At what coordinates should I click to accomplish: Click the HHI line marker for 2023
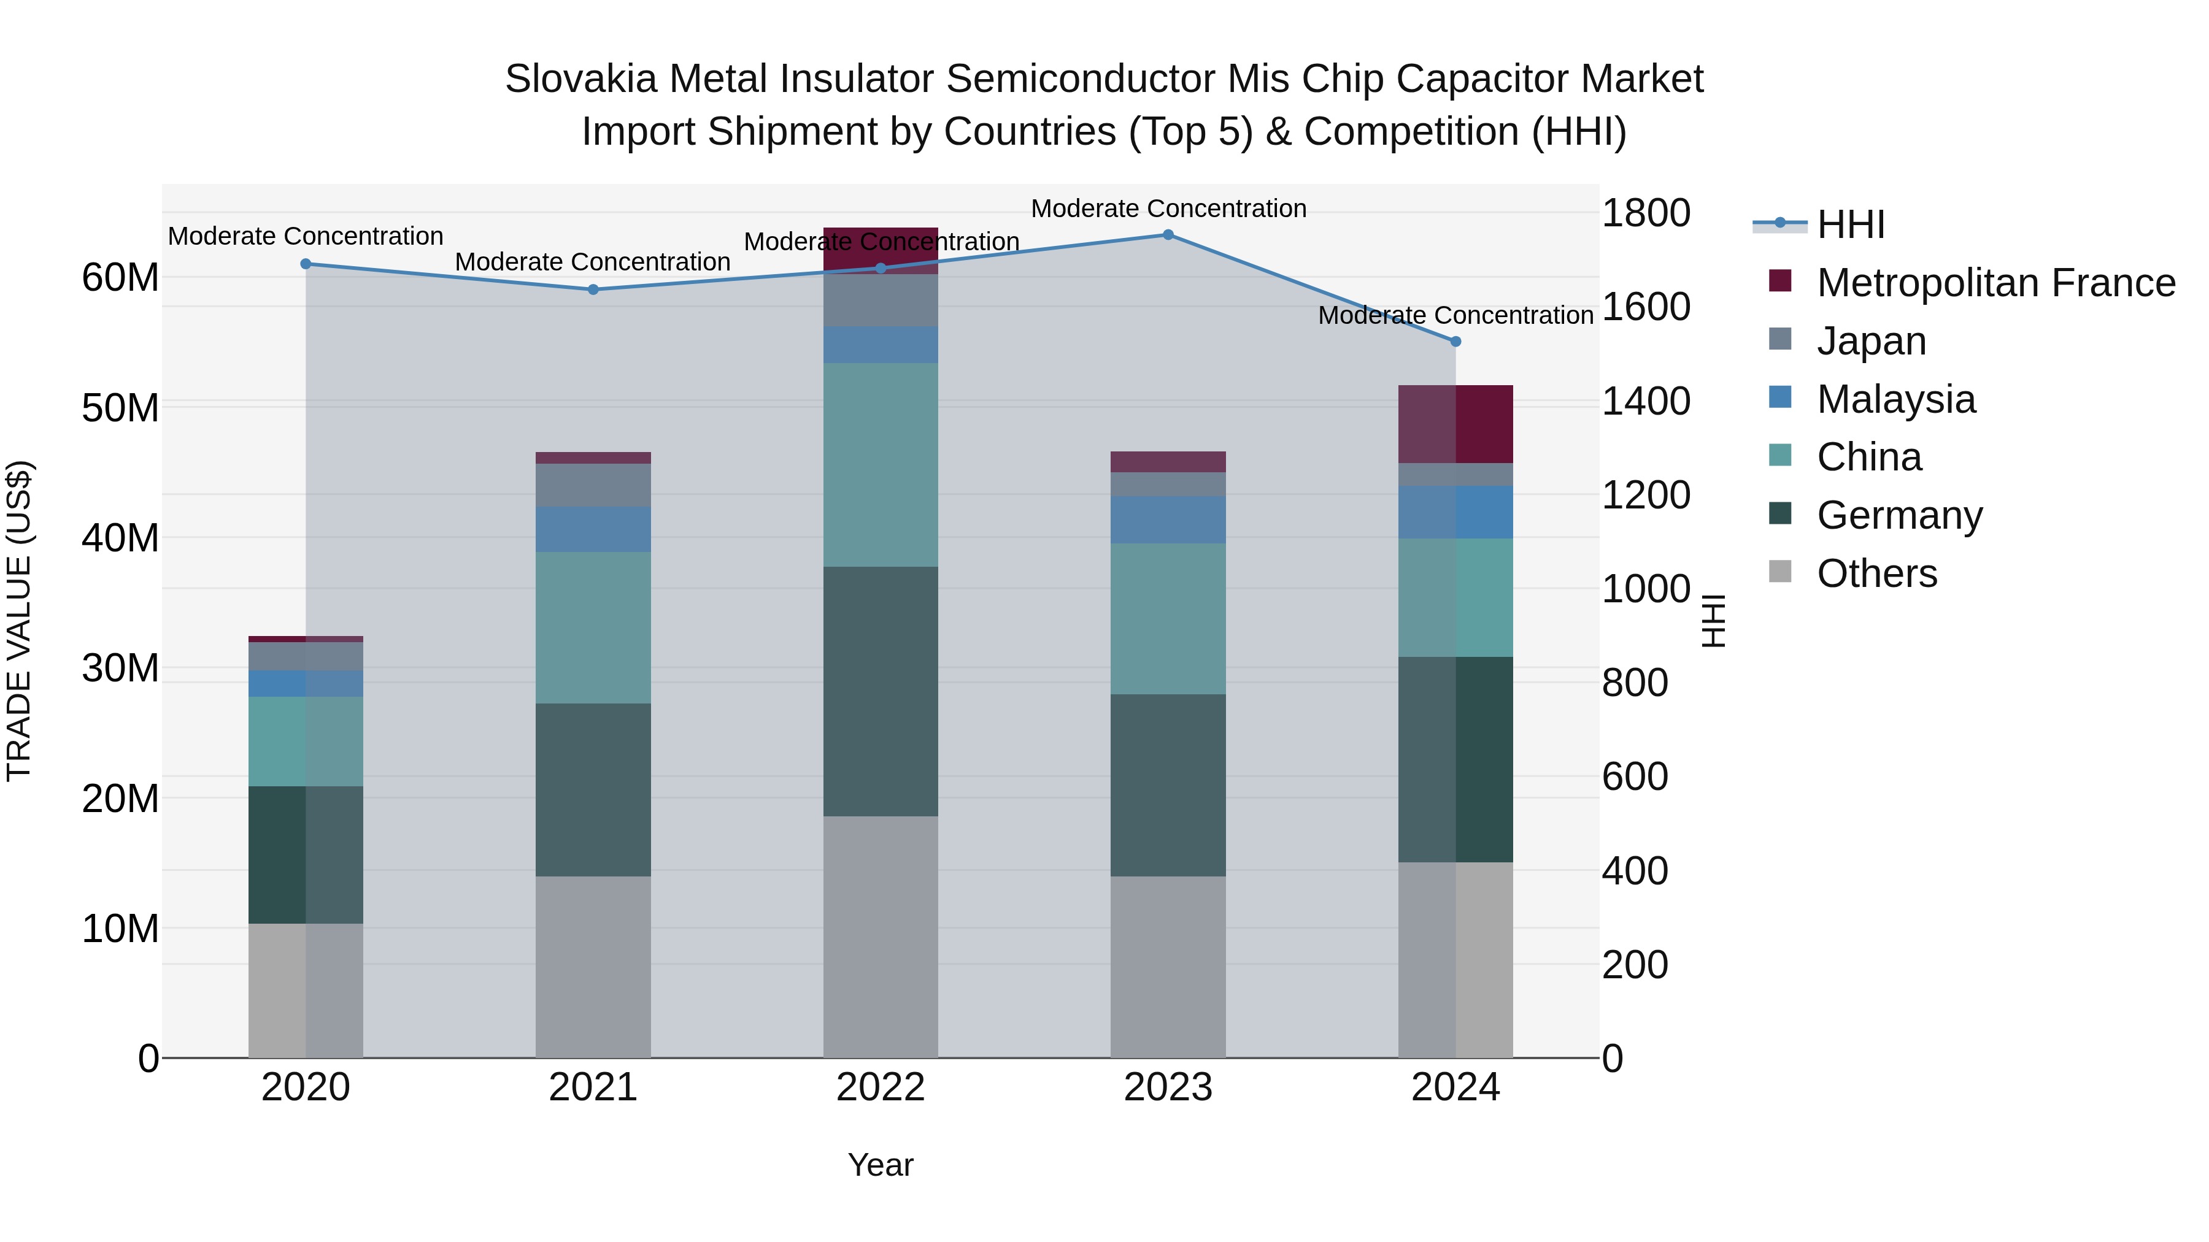tap(1168, 234)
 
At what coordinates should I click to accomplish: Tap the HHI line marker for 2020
tap(306, 264)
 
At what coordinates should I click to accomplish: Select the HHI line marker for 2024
tap(1455, 341)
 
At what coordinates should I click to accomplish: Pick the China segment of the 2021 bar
tap(593, 627)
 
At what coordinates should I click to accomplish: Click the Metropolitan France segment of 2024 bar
tap(1455, 424)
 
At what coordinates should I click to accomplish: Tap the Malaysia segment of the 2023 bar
tap(1168, 519)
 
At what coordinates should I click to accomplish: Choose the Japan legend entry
tap(1871, 340)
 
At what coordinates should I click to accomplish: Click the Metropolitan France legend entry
tap(1995, 282)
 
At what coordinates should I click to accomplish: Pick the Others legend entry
tap(1876, 573)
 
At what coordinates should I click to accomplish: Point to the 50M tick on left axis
tap(120, 408)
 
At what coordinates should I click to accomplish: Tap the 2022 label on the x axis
tap(881, 1087)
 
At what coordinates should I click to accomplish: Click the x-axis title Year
tap(881, 1165)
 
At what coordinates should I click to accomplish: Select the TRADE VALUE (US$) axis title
tap(19, 621)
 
